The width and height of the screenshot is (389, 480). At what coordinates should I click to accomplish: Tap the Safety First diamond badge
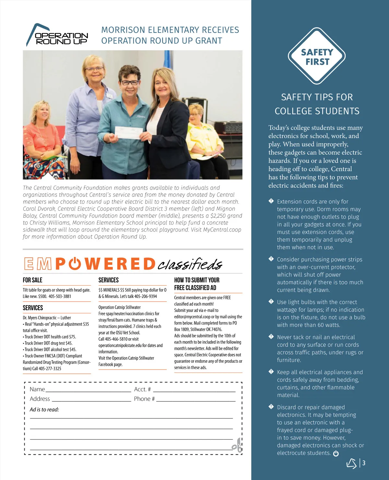click(317, 56)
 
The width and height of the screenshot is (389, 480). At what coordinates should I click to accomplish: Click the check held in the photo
click(129, 133)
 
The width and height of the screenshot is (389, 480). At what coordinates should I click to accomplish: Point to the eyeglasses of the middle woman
click(130, 83)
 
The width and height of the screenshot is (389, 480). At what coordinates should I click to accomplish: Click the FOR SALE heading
click(32, 280)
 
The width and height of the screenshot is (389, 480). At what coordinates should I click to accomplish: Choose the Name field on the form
click(88, 389)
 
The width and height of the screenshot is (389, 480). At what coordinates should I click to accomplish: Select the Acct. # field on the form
click(194, 389)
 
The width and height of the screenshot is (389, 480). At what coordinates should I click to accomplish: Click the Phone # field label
click(144, 399)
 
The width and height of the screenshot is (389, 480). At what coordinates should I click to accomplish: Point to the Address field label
click(40, 399)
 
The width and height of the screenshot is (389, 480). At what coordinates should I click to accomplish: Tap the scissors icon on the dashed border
click(237, 445)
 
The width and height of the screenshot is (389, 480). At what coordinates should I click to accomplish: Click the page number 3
click(364, 463)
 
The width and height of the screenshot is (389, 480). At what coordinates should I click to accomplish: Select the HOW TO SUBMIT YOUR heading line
click(197, 280)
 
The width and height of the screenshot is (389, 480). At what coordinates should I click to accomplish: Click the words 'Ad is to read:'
click(44, 410)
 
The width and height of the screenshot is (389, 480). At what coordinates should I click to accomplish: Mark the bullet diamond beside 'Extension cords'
click(271, 201)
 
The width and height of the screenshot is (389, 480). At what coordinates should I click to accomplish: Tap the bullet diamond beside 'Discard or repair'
click(271, 407)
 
